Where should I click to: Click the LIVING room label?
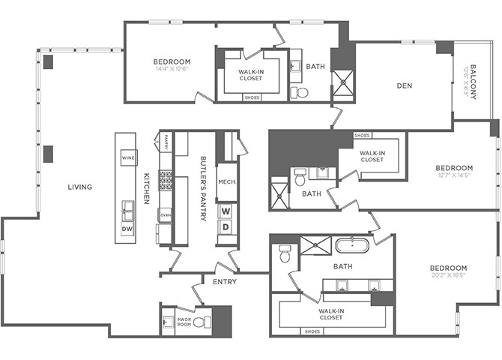[x=79, y=187]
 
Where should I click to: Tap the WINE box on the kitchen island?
[x=128, y=158]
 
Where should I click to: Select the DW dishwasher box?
[x=127, y=228]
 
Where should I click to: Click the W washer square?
[x=226, y=211]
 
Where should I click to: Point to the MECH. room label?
[x=226, y=181]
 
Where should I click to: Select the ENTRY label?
[x=225, y=282]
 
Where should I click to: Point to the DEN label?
[x=405, y=85]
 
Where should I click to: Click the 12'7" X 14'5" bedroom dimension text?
[x=456, y=176]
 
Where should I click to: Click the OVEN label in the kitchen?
[x=165, y=216]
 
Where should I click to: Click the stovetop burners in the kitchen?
[x=165, y=180]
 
